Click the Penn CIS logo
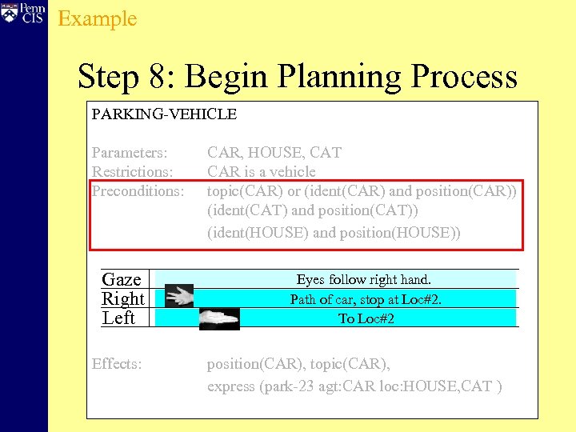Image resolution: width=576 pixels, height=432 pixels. (23, 13)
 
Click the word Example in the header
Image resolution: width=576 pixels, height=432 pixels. (98, 18)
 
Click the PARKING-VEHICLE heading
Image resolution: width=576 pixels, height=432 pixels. (164, 114)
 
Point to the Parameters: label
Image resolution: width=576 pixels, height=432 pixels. (130, 152)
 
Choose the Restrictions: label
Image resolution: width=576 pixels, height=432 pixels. (133, 171)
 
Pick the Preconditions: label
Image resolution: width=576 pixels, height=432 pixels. (138, 191)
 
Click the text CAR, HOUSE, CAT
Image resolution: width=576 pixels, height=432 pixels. (274, 152)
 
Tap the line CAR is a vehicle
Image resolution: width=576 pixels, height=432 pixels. (262, 171)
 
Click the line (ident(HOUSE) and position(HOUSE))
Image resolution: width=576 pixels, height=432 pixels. (334, 233)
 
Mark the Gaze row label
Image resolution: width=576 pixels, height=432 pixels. (122, 279)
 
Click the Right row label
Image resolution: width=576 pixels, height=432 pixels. (123, 298)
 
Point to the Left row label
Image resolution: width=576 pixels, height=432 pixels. (118, 318)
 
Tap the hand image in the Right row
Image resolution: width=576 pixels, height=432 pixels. (179, 296)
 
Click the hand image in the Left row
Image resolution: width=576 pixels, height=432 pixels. (219, 318)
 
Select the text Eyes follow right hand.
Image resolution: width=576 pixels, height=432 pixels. (364, 279)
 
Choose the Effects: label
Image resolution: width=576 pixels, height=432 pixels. (117, 364)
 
